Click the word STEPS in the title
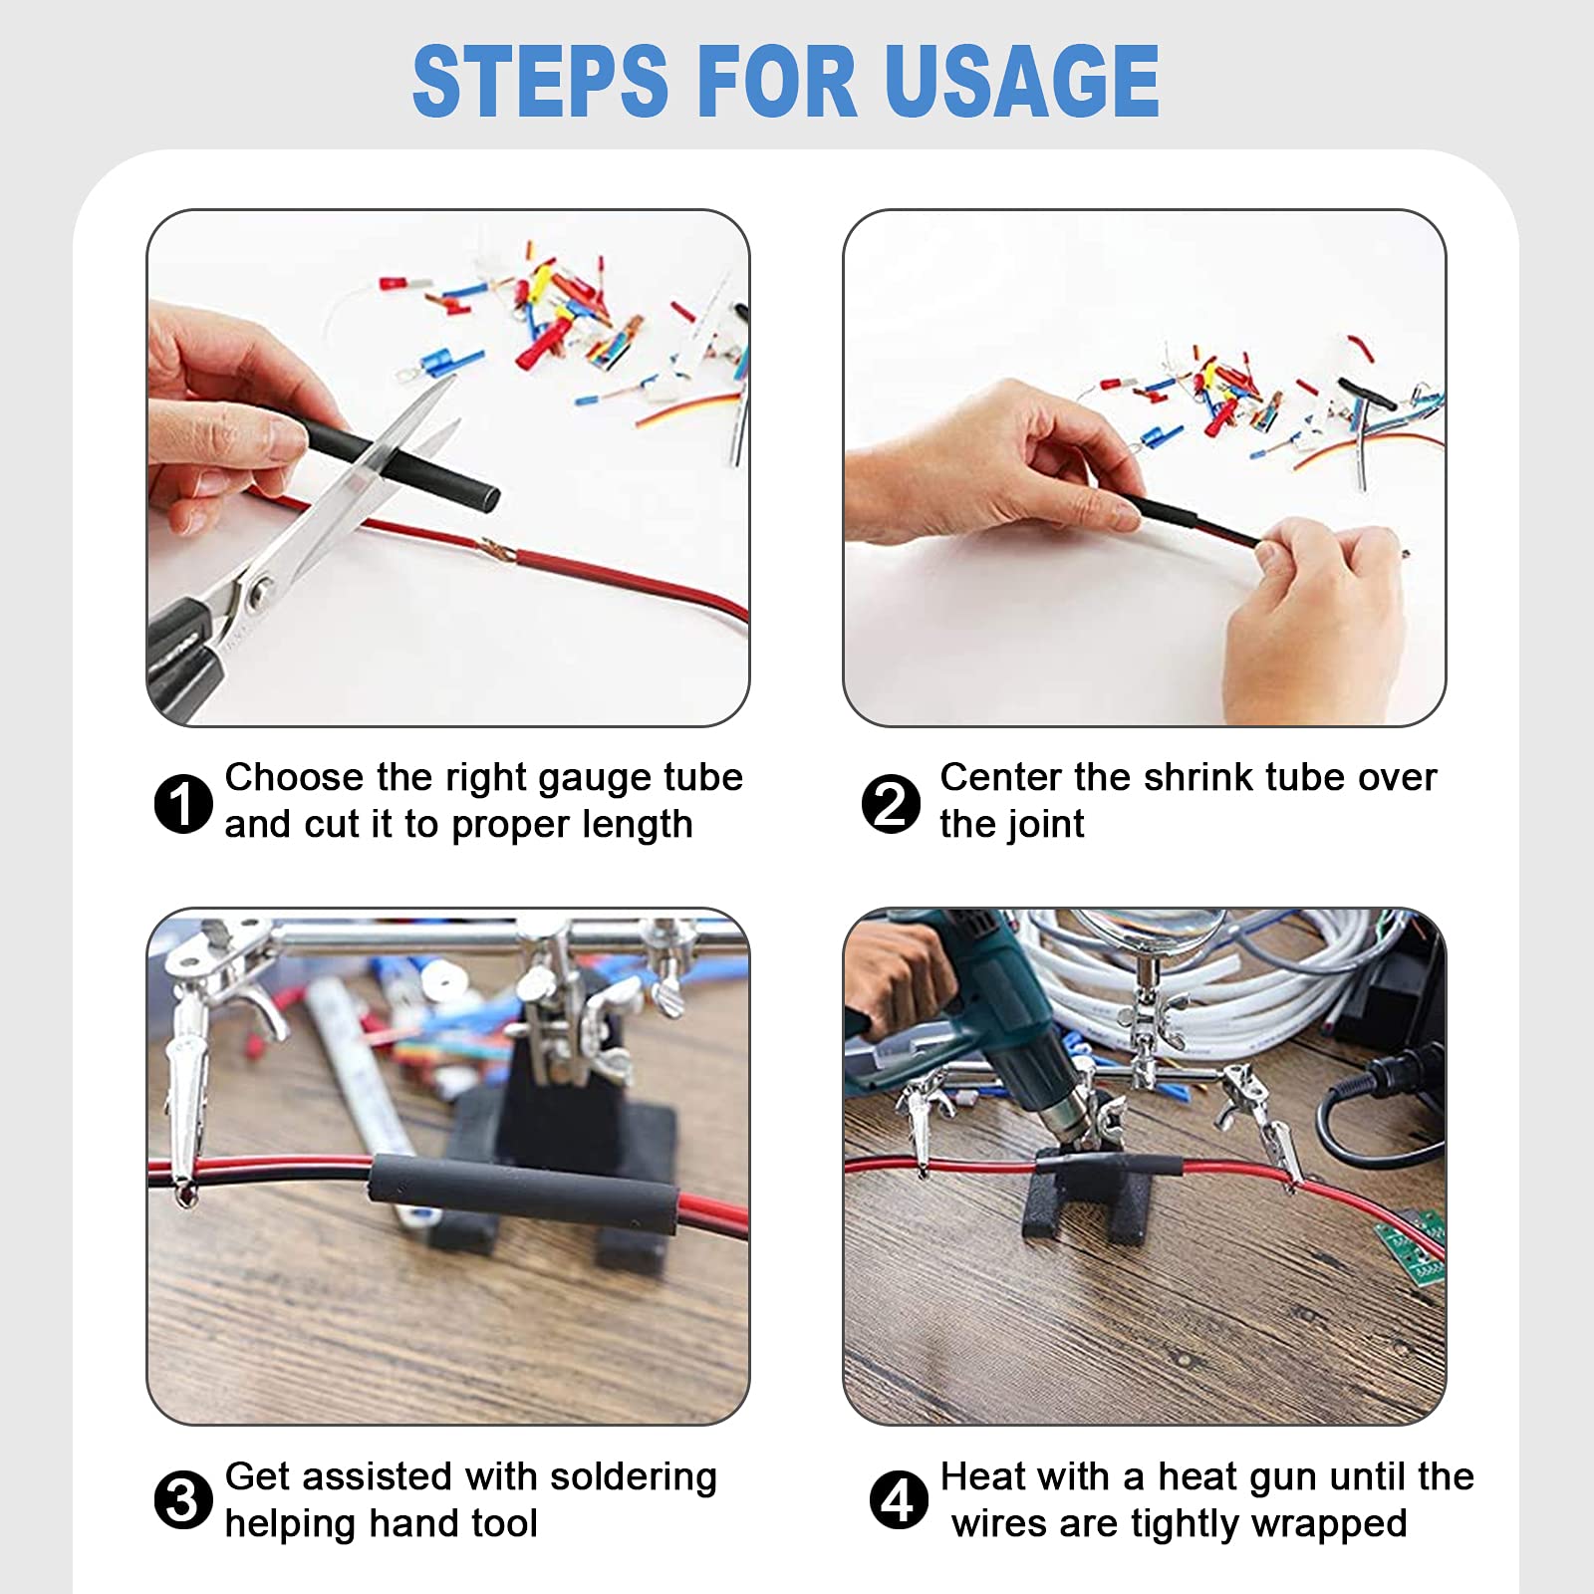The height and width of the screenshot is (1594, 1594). click(x=540, y=81)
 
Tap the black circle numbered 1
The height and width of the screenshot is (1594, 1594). click(x=183, y=803)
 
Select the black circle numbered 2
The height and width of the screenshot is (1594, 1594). click(x=891, y=803)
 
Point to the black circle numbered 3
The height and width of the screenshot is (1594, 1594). click(x=183, y=1500)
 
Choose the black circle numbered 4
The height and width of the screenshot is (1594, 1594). click(x=899, y=1500)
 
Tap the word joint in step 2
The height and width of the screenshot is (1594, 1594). click(x=1045, y=825)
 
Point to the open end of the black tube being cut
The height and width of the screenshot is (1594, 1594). click(x=485, y=496)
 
